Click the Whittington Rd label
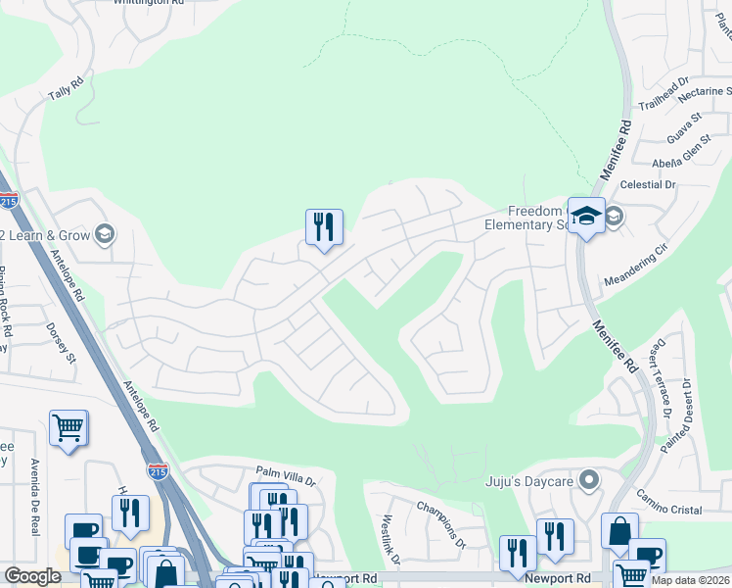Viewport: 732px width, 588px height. click(x=149, y=3)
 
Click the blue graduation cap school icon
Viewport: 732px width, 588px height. click(x=586, y=217)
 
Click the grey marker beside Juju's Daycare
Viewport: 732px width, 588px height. click(x=588, y=480)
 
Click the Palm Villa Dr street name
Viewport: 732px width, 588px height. click(x=286, y=476)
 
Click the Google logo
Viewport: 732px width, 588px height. click(x=32, y=576)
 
